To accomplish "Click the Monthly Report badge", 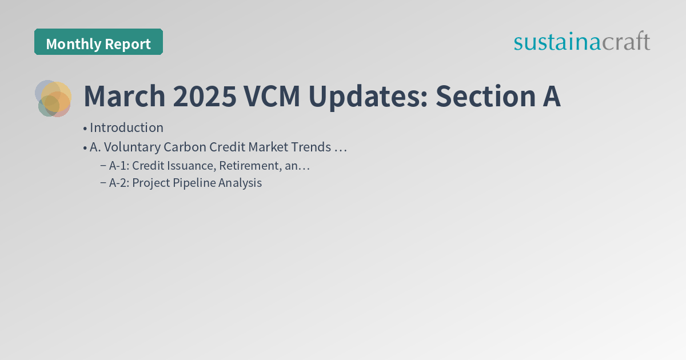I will click(98, 42).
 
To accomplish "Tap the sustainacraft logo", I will click(581, 42).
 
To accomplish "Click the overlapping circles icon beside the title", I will click(53, 98).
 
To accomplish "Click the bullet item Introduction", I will click(126, 127).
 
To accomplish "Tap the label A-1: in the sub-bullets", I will click(119, 166).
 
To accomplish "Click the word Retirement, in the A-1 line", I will click(250, 166).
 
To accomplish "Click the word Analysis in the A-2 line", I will click(240, 183).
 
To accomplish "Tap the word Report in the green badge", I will click(128, 44).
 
